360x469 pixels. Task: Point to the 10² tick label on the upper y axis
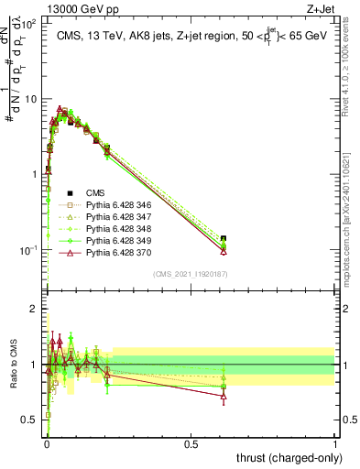[28, 24]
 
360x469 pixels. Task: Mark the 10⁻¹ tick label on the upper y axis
[28, 249]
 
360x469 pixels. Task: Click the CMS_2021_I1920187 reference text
[190, 274]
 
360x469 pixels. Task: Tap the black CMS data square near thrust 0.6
[224, 239]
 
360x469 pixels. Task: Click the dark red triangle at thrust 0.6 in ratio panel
[224, 396]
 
